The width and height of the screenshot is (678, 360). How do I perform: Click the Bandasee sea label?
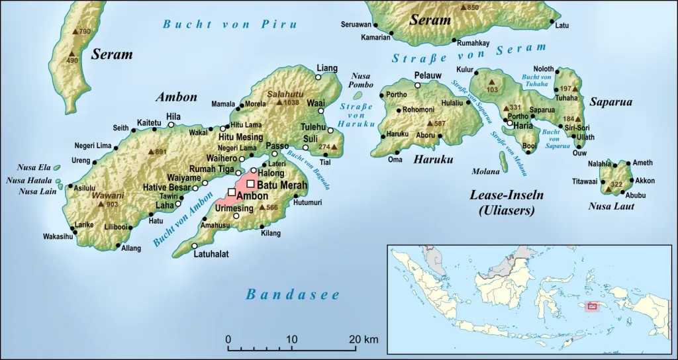pos(293,294)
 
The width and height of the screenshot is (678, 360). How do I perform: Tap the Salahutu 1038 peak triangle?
pos(279,103)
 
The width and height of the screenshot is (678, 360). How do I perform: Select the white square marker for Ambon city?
pos(231,192)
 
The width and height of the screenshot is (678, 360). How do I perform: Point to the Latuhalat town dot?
pos(195,246)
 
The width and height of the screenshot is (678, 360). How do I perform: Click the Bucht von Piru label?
pos(221,24)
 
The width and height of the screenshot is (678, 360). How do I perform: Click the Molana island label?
pos(485,171)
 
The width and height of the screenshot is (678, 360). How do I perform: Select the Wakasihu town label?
pos(58,236)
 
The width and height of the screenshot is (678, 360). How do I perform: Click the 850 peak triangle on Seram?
pos(463,7)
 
